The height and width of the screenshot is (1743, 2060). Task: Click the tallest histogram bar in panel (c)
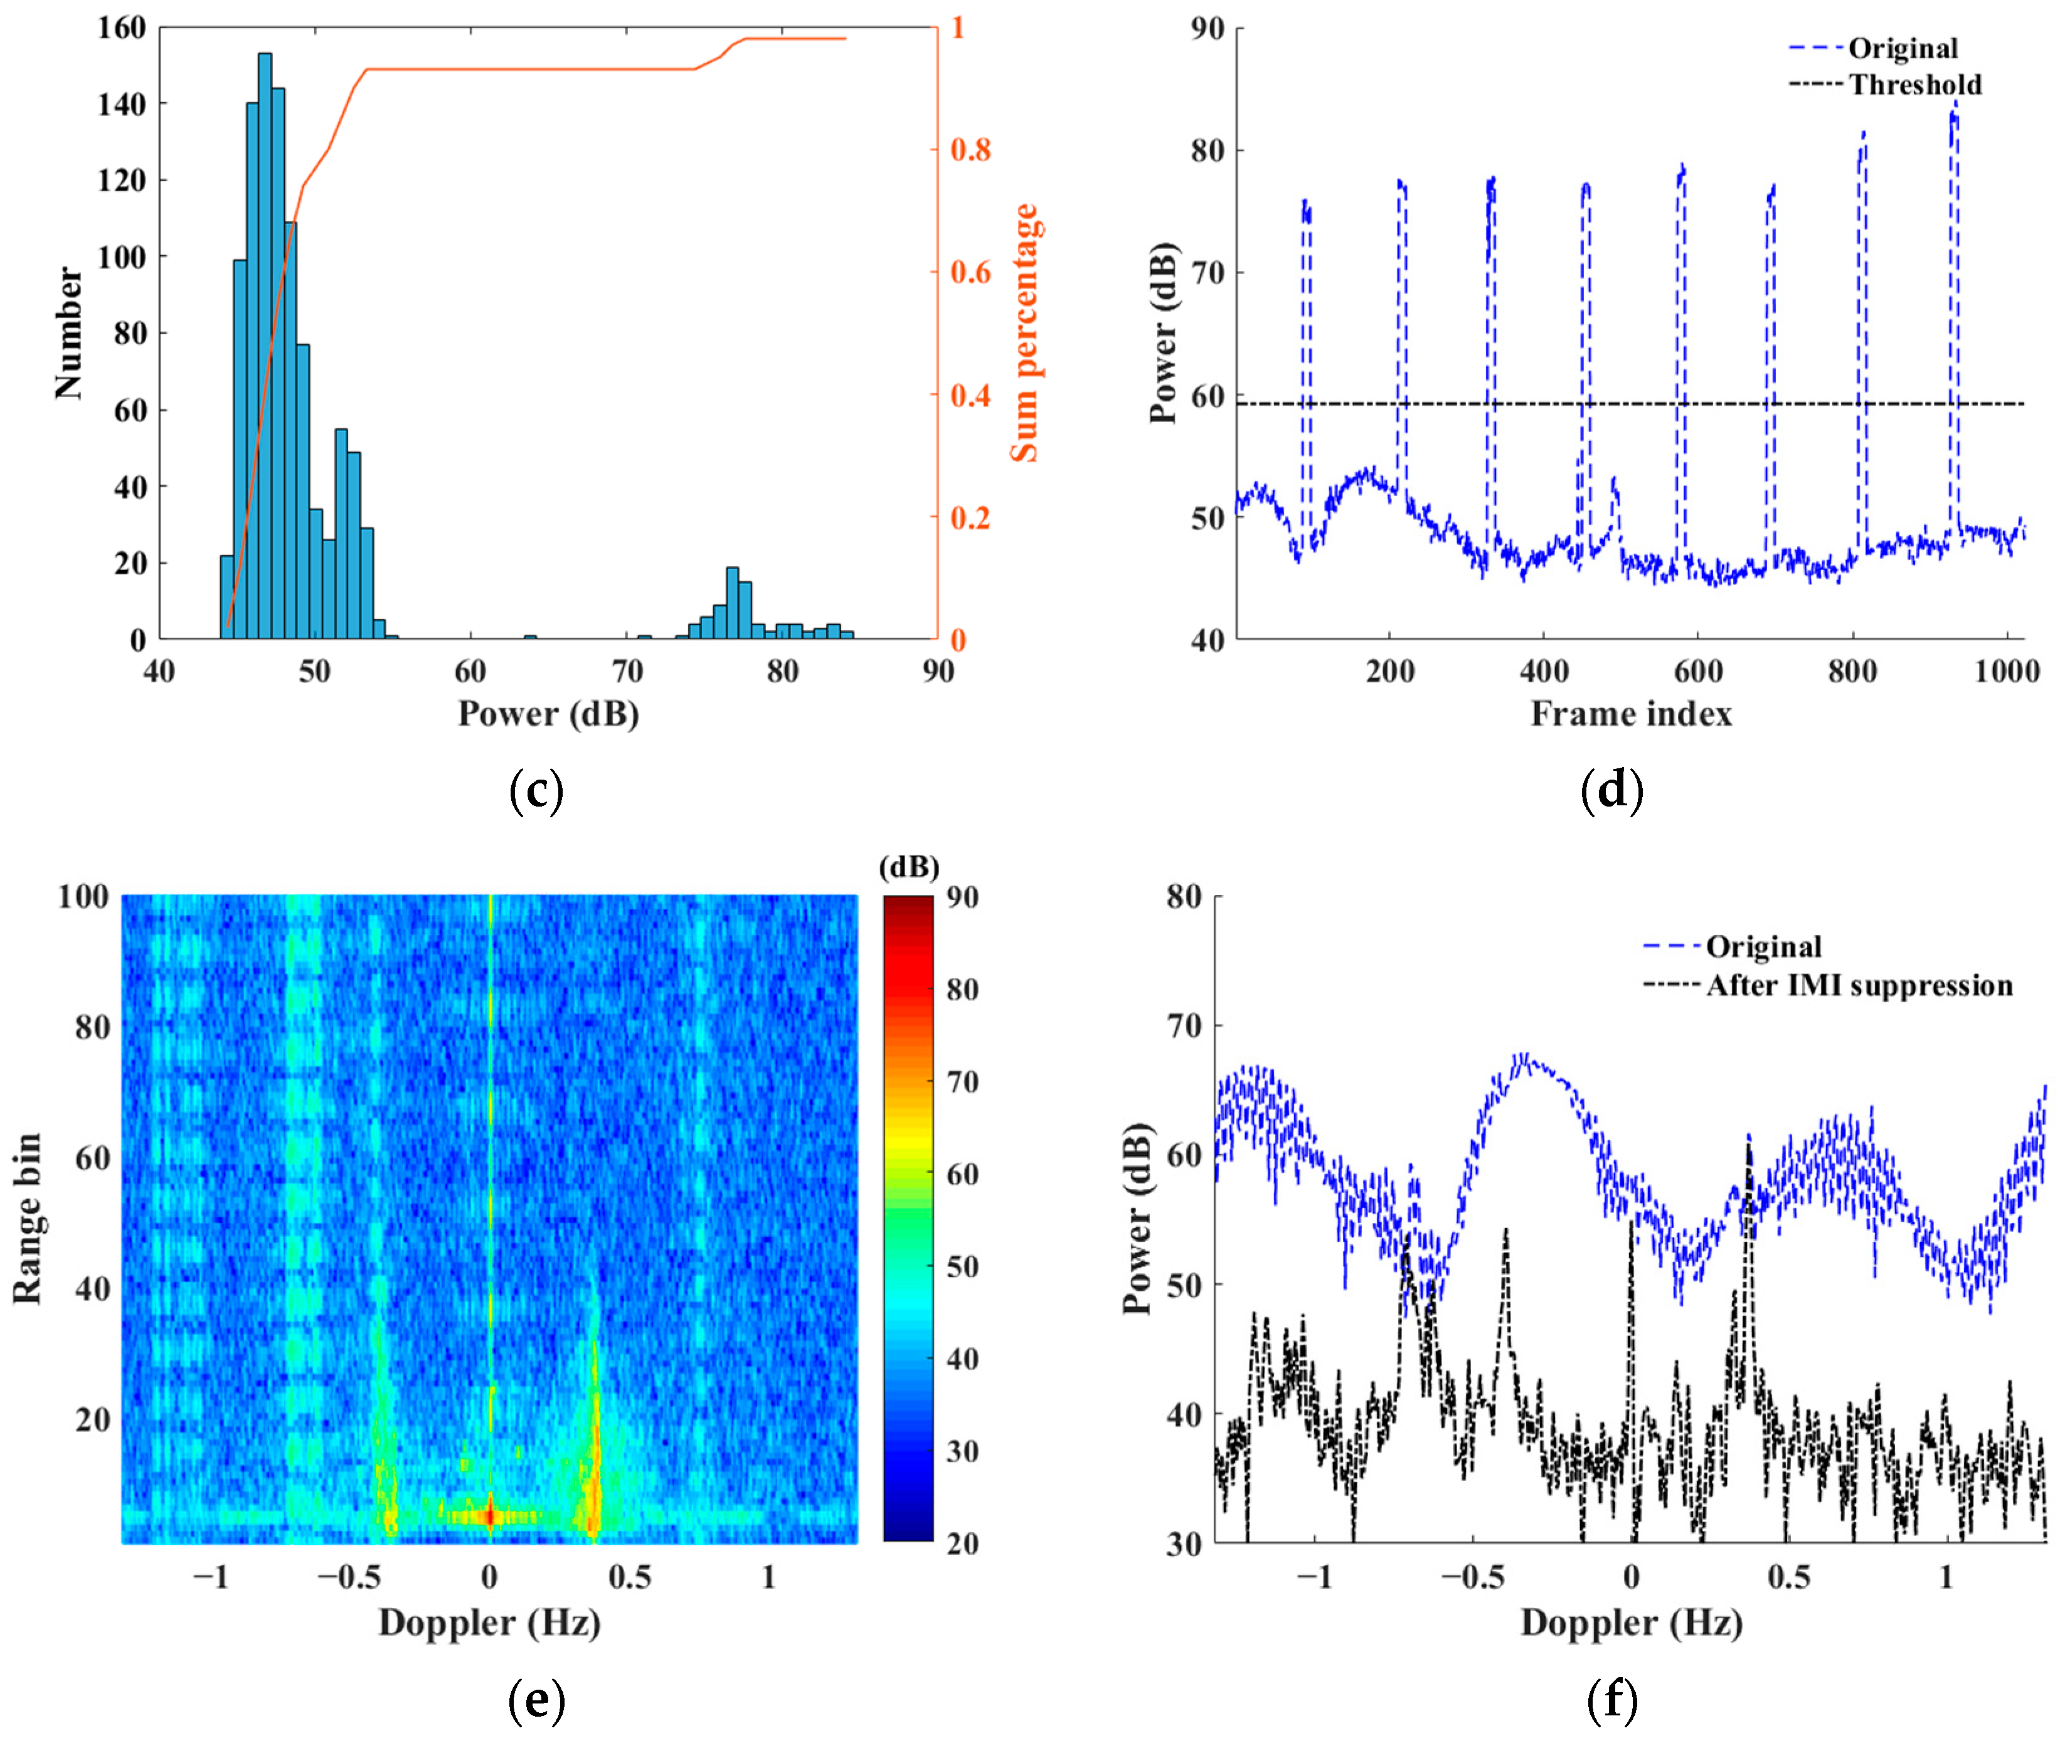pyautogui.click(x=265, y=346)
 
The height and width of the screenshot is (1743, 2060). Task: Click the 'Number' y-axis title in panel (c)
pyautogui.click(x=69, y=333)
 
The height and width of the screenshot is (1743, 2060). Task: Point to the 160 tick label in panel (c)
pyautogui.click(x=120, y=28)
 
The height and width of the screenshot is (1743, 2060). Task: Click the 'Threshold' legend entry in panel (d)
pyautogui.click(x=1914, y=85)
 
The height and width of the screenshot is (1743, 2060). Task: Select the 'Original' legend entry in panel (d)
pyautogui.click(x=1902, y=48)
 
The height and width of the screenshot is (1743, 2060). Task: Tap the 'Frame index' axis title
pyautogui.click(x=1630, y=713)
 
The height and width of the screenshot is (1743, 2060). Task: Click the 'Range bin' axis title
pyautogui.click(x=28, y=1218)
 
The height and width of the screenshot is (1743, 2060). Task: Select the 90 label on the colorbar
pyautogui.click(x=962, y=897)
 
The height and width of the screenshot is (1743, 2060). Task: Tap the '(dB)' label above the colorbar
pyautogui.click(x=908, y=867)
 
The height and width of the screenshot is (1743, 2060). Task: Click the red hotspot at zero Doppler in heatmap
pyautogui.click(x=490, y=1515)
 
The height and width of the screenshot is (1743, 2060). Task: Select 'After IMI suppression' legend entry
pyautogui.click(x=1859, y=986)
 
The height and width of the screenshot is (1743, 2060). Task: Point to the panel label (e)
pyautogui.click(x=536, y=1700)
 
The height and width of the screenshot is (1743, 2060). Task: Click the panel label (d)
pyautogui.click(x=1611, y=790)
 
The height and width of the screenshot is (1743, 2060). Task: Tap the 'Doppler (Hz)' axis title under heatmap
pyautogui.click(x=489, y=1623)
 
